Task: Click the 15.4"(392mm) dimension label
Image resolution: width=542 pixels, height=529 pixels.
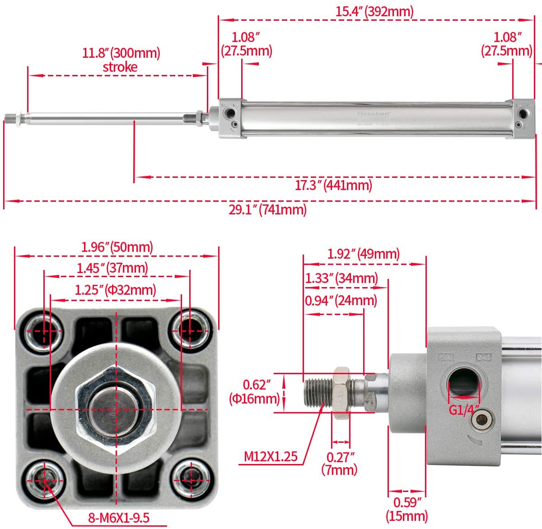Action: (374, 11)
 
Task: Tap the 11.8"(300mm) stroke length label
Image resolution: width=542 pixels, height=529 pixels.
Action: (121, 53)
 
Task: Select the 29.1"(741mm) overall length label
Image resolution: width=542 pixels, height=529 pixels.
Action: (267, 209)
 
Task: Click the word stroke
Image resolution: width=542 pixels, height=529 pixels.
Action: (120, 67)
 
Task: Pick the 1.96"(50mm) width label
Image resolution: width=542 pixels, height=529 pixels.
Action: (117, 247)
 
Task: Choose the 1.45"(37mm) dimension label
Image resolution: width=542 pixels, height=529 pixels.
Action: (112, 268)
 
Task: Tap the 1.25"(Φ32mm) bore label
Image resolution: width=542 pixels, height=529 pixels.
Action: (116, 289)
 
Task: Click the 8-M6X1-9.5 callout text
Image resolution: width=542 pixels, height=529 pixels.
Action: (118, 517)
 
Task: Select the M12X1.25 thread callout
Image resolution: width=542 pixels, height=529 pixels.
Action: (271, 456)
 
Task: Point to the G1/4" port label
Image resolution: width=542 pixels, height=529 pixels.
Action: (464, 410)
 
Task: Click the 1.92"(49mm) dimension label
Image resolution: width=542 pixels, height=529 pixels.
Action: (364, 254)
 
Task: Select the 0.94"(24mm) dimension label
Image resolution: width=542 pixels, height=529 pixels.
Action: (341, 300)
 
